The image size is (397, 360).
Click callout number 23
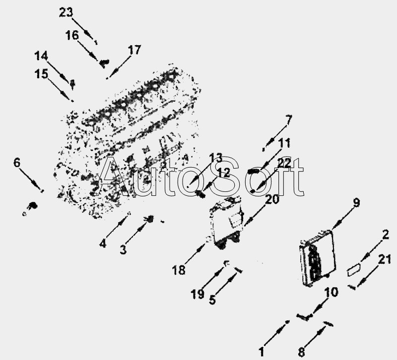66,13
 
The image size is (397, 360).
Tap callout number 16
72,35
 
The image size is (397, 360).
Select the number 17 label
134,50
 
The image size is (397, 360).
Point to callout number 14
41,55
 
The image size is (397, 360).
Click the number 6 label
17,162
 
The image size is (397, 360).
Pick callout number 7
289,120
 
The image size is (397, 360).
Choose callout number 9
356,202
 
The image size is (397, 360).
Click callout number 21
385,259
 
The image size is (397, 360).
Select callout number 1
261,353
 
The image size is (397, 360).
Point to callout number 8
301,353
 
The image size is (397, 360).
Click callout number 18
179,270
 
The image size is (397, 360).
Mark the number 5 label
212,300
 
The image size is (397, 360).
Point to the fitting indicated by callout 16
104,62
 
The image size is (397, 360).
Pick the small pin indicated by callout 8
327,324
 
